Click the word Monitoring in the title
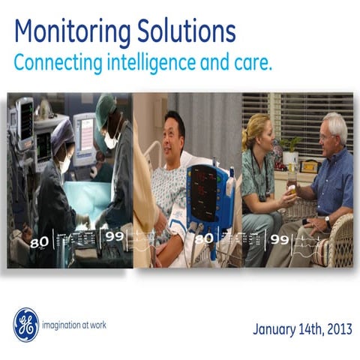[66, 31]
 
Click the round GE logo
[25, 325]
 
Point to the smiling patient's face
[175, 127]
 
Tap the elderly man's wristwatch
[327, 220]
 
